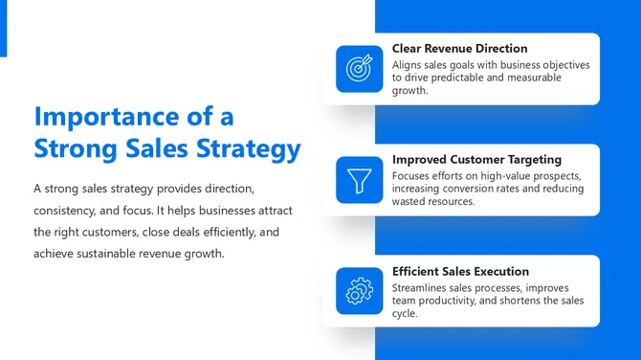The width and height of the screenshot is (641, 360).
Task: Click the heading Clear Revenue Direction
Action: click(x=459, y=49)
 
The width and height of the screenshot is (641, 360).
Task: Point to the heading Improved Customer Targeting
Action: click(x=476, y=160)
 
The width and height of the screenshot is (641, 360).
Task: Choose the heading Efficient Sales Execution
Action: click(x=460, y=271)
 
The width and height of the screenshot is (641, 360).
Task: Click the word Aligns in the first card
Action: click(x=409, y=65)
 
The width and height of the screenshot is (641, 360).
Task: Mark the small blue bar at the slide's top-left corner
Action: click(x=3, y=28)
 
